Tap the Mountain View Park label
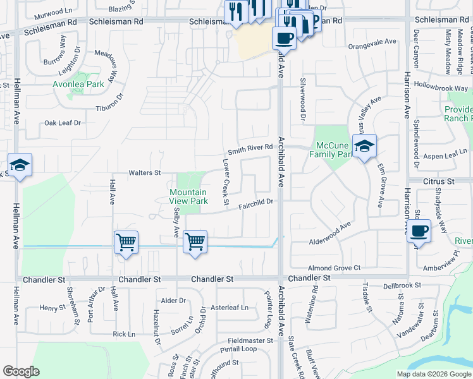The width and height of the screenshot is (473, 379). click(188, 196)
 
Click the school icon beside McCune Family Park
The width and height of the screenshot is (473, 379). click(365, 147)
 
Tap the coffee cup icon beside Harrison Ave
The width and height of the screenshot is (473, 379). click(418, 231)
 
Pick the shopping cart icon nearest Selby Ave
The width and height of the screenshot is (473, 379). click(195, 241)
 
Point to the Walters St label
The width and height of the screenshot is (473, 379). click(145, 172)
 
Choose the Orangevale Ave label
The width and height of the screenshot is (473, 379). click(372, 46)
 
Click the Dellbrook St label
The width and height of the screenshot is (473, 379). click(402, 286)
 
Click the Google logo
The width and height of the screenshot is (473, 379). click(21, 371)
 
